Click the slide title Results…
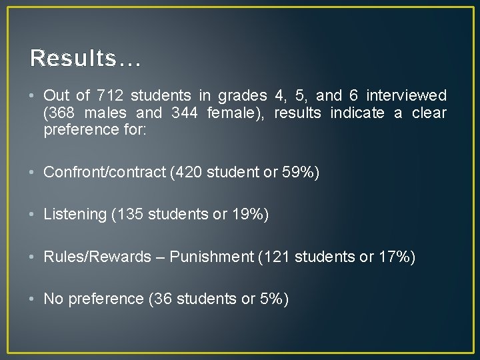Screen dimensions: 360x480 click(x=85, y=58)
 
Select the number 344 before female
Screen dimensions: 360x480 click(x=184, y=113)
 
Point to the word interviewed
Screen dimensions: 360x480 click(x=407, y=95)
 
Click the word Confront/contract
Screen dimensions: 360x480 click(x=105, y=172)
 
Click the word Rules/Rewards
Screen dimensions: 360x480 click(x=97, y=257)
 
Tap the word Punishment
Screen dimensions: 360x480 click(x=213, y=257)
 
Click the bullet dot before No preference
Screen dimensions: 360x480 click(x=33, y=299)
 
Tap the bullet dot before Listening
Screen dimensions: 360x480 click(x=33, y=214)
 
